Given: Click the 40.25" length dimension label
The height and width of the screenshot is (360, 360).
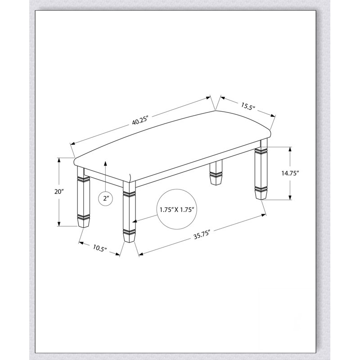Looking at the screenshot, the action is pyautogui.click(x=140, y=121).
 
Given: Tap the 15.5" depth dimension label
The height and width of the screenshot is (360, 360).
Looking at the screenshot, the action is pyautogui.click(x=248, y=106).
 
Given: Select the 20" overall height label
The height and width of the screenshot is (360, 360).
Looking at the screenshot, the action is pyautogui.click(x=59, y=191).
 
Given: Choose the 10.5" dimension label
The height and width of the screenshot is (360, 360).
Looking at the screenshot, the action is pyautogui.click(x=100, y=248).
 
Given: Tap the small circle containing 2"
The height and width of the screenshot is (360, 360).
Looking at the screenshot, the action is pyautogui.click(x=105, y=198).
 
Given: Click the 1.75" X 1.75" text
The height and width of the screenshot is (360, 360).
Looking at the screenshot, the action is pyautogui.click(x=177, y=209).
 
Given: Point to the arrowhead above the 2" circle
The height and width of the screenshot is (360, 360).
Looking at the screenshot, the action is pyautogui.click(x=105, y=163).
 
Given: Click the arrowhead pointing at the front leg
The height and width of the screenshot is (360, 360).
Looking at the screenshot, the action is pyautogui.click(x=135, y=221).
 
